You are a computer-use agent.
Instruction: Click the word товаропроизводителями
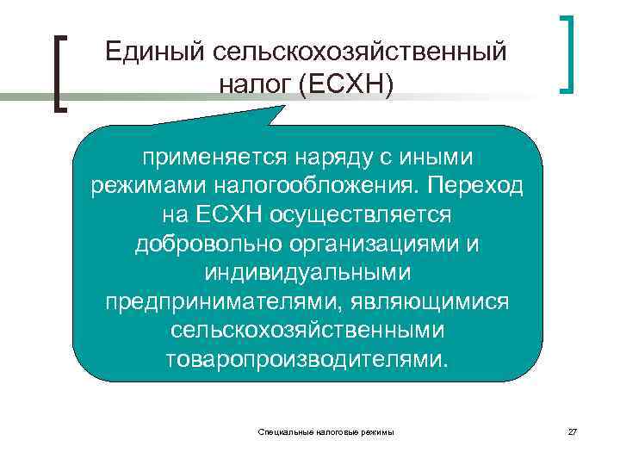point(307,358)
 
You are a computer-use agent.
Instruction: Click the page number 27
point(573,431)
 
